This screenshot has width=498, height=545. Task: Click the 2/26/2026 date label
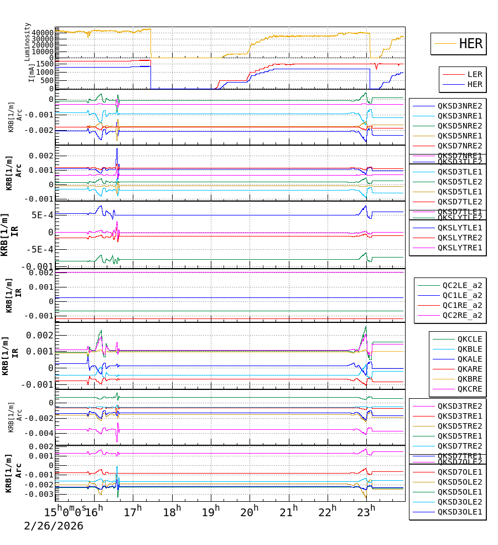click(54, 526)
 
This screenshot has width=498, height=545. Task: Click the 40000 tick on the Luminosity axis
click(42, 33)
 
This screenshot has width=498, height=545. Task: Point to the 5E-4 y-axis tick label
click(42, 215)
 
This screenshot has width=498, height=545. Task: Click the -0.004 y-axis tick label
click(41, 433)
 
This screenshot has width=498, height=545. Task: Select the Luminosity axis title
click(28, 42)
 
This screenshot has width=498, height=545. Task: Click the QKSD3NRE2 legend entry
click(460, 105)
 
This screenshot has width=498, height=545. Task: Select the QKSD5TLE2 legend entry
click(460, 182)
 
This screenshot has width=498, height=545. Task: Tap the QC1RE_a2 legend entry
click(462, 305)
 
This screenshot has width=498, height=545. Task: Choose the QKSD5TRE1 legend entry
click(460, 436)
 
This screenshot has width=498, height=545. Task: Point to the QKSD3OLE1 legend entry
click(460, 512)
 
